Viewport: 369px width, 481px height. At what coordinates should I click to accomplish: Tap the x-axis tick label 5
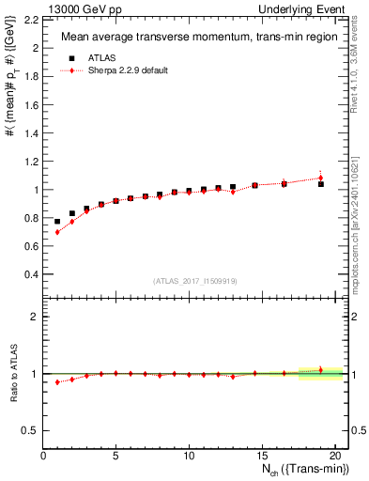tap(115, 455)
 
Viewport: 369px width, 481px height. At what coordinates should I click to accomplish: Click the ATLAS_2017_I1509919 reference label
tap(192, 280)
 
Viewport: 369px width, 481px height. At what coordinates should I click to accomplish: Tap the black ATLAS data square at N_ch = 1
tap(57, 222)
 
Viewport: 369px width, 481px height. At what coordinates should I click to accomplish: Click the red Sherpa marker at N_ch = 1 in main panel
tap(57, 232)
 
